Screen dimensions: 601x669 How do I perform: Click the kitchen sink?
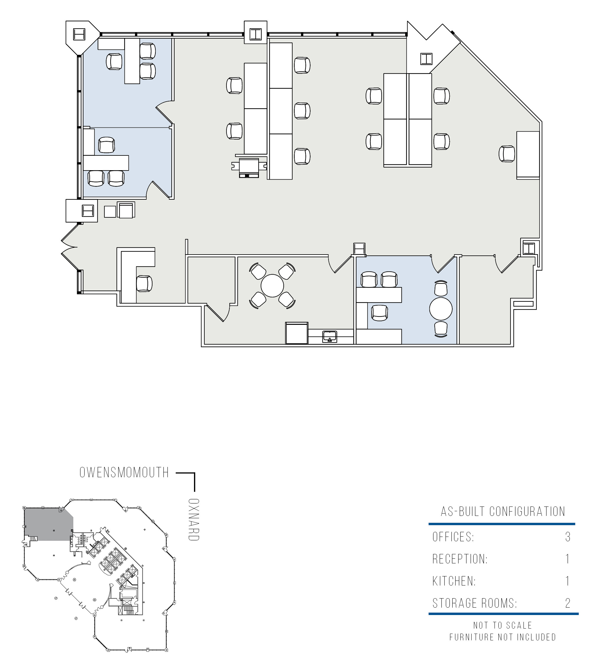[x=330, y=337]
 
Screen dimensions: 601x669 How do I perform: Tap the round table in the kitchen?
[x=272, y=286]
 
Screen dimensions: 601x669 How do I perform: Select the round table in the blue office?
[x=441, y=309]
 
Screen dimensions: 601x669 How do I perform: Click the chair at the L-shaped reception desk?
[x=144, y=283]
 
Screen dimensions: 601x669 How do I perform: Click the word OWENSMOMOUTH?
[x=124, y=473]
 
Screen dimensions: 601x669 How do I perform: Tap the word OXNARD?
[x=193, y=520]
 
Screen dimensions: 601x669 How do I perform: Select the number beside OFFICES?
[x=568, y=537]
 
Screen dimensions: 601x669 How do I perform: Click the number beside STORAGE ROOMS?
[x=568, y=603]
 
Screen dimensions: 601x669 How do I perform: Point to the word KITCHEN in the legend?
[x=454, y=581]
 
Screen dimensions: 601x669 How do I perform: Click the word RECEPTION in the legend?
[x=460, y=559]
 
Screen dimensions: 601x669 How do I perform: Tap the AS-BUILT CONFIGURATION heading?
[x=503, y=511]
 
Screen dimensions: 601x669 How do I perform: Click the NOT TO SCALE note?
[x=503, y=625]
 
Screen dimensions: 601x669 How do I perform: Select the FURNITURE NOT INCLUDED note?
[x=503, y=637]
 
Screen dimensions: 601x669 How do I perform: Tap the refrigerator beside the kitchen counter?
[x=297, y=333]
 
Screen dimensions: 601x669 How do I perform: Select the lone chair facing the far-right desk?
[x=507, y=154]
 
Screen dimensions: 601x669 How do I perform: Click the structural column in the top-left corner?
[x=79, y=34]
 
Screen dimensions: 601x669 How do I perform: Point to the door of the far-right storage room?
[x=506, y=264]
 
